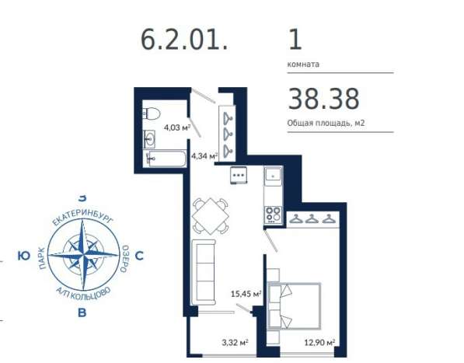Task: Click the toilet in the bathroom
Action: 152,113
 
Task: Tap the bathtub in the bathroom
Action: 166,159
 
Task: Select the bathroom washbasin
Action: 149,139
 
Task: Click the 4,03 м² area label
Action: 177,127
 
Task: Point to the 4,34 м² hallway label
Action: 204,155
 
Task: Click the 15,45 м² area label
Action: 246,294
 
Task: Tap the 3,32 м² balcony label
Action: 235,343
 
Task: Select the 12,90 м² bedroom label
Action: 319,343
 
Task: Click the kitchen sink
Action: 273,176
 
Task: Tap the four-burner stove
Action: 273,215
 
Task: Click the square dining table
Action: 210,216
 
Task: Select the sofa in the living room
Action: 204,272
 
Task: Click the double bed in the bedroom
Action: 294,306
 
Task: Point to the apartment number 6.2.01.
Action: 184,40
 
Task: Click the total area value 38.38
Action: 323,99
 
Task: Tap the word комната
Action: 303,65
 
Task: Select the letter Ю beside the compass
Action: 23,256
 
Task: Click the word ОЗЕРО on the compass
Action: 124,259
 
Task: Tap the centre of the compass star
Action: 83,254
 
